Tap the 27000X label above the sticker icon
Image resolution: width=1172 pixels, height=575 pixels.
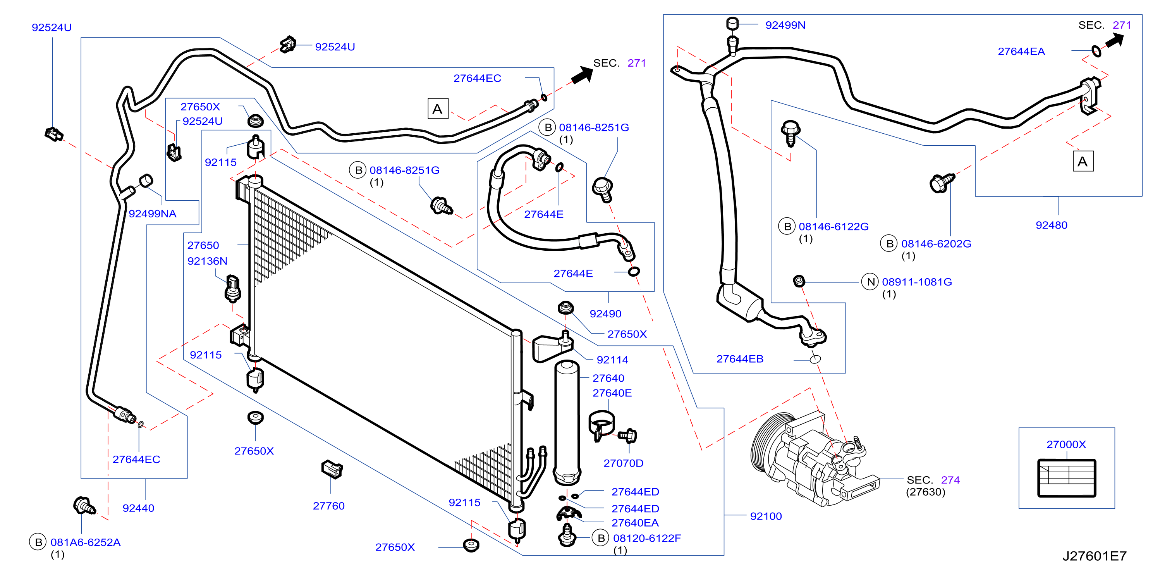click(x=1066, y=444)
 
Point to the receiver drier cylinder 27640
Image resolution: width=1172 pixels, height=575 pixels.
click(x=567, y=422)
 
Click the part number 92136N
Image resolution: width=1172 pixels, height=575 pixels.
click(x=208, y=261)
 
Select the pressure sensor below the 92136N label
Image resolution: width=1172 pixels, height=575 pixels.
click(x=232, y=288)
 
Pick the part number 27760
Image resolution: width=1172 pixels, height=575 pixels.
click(x=328, y=506)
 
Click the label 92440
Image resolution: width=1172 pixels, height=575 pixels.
click(x=138, y=508)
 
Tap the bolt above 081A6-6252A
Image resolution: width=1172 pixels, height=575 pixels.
click(x=84, y=505)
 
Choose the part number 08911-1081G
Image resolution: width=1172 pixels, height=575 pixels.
click(x=917, y=282)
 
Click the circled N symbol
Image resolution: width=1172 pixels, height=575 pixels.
click(x=871, y=282)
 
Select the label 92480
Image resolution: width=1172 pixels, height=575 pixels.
click(x=1052, y=225)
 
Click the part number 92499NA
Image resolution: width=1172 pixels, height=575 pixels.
click(x=153, y=213)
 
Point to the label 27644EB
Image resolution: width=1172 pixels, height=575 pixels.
click(x=740, y=359)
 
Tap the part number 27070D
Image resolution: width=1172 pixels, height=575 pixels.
click(x=623, y=463)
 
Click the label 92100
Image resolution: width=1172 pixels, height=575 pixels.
click(x=766, y=516)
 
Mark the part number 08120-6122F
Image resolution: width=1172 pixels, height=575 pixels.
click(x=647, y=538)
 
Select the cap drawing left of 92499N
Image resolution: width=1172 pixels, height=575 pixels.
click(x=732, y=24)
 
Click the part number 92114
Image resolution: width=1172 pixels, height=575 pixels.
click(x=612, y=360)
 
